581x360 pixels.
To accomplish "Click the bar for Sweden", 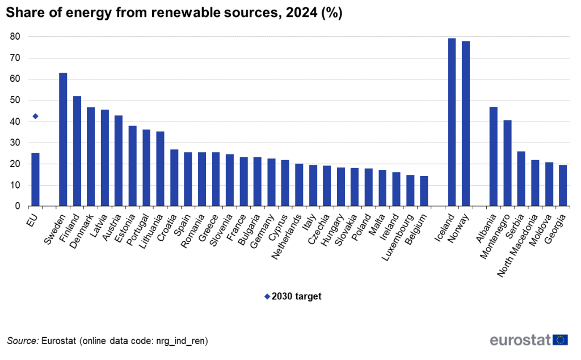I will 63,140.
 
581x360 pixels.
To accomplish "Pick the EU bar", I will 35,179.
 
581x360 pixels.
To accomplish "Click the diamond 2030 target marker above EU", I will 35,116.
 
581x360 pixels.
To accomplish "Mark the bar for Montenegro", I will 507,164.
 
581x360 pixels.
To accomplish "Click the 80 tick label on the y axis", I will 15,37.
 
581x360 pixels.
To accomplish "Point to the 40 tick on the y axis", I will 15,122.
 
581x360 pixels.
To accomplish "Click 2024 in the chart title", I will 302,13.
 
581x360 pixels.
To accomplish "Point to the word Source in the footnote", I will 22,341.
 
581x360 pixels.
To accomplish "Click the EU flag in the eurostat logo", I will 561,340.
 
